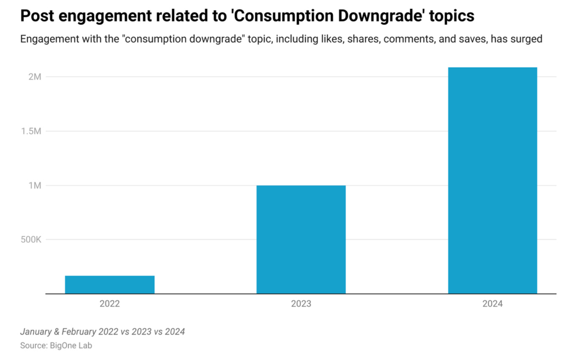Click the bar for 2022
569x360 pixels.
point(109,284)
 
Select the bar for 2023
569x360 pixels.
point(301,239)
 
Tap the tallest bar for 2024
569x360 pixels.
point(492,180)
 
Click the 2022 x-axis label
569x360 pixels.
point(109,304)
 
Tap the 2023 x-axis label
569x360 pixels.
point(301,304)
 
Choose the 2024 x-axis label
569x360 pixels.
point(492,304)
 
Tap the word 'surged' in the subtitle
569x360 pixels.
point(527,39)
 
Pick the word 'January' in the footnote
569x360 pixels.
point(36,332)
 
